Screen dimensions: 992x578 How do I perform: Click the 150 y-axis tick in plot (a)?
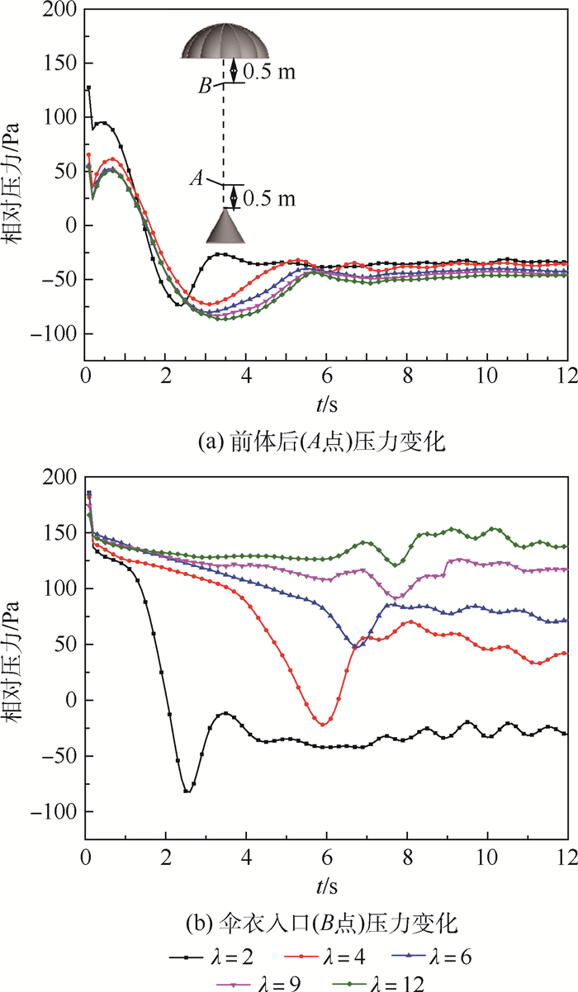click(x=65, y=64)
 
